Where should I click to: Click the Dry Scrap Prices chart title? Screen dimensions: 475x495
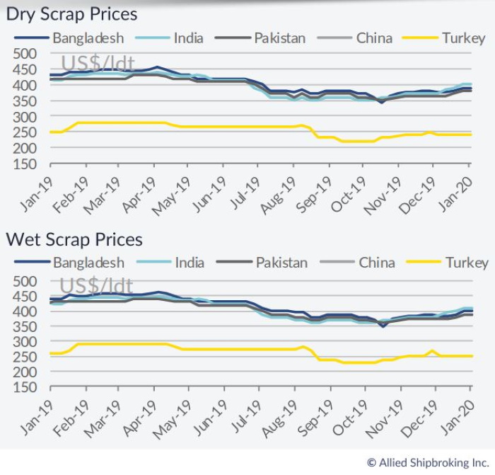click(x=71, y=13)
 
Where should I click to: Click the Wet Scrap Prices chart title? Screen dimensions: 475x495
click(x=74, y=239)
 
